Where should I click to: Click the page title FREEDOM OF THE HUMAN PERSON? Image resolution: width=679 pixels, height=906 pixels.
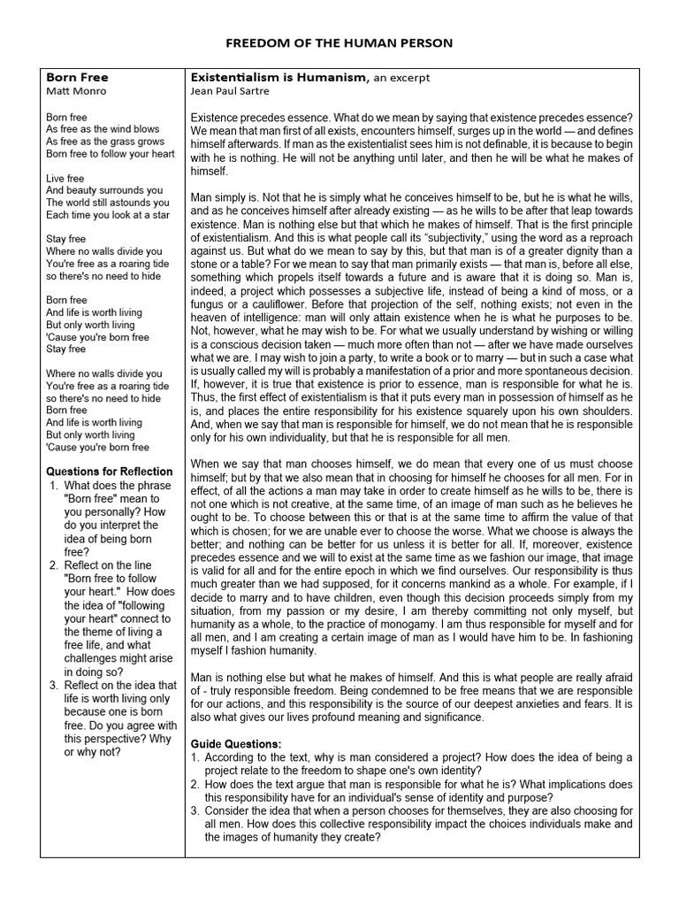click(x=339, y=43)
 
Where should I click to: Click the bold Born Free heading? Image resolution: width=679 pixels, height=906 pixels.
click(x=77, y=78)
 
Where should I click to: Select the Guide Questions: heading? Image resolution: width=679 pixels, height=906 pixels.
click(x=236, y=744)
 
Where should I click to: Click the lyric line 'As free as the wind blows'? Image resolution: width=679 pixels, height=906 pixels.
click(x=103, y=129)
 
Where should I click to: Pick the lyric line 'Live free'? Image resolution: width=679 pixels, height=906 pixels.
click(x=65, y=178)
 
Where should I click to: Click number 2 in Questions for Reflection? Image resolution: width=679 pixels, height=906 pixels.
click(x=54, y=565)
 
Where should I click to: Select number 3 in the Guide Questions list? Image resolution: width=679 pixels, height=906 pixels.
click(x=195, y=811)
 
